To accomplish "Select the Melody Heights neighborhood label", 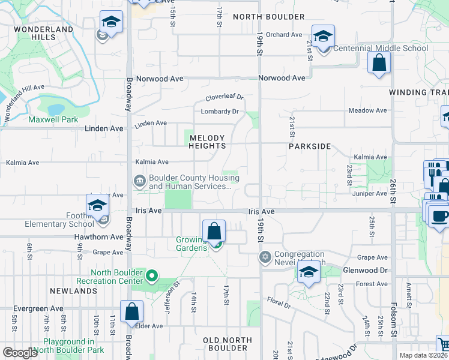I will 208,142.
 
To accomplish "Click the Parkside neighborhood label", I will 310,146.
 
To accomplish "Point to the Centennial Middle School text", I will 381,48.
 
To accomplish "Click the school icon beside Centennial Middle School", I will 323,36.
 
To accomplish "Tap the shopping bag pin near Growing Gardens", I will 214,232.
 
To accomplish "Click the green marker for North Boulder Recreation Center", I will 152,277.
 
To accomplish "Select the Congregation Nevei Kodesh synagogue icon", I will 265,257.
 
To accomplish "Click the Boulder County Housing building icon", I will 139,181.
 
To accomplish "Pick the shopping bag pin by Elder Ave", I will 132,312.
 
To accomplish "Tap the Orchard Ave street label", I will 283,35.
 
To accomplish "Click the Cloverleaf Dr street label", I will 224,97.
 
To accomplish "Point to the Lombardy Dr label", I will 220,112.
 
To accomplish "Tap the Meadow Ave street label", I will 368,110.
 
